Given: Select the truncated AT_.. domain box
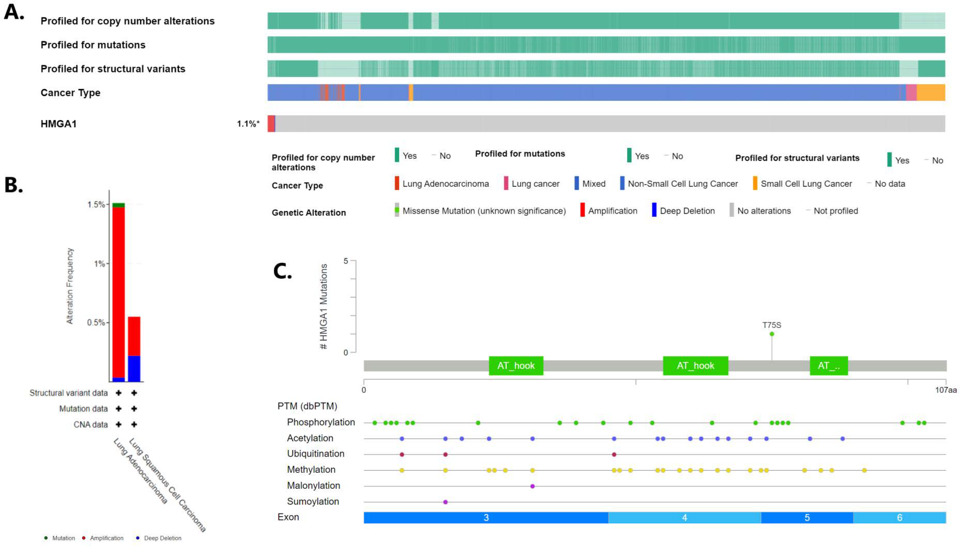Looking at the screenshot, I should point(828,366).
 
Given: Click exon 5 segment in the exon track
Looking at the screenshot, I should point(807,517).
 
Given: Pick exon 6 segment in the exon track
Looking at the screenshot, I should point(899,517).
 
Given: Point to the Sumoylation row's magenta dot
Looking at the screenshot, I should point(445,502).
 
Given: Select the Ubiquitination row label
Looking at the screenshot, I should point(315,454).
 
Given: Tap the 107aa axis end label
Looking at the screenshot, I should point(945,390).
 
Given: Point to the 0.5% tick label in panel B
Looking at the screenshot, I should point(96,322).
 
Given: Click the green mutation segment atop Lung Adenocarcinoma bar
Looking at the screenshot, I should point(119,205).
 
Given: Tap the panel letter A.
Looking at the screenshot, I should point(14,12).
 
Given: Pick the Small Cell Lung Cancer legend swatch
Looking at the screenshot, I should point(755,183).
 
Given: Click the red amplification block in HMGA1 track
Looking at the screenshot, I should point(271,124).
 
